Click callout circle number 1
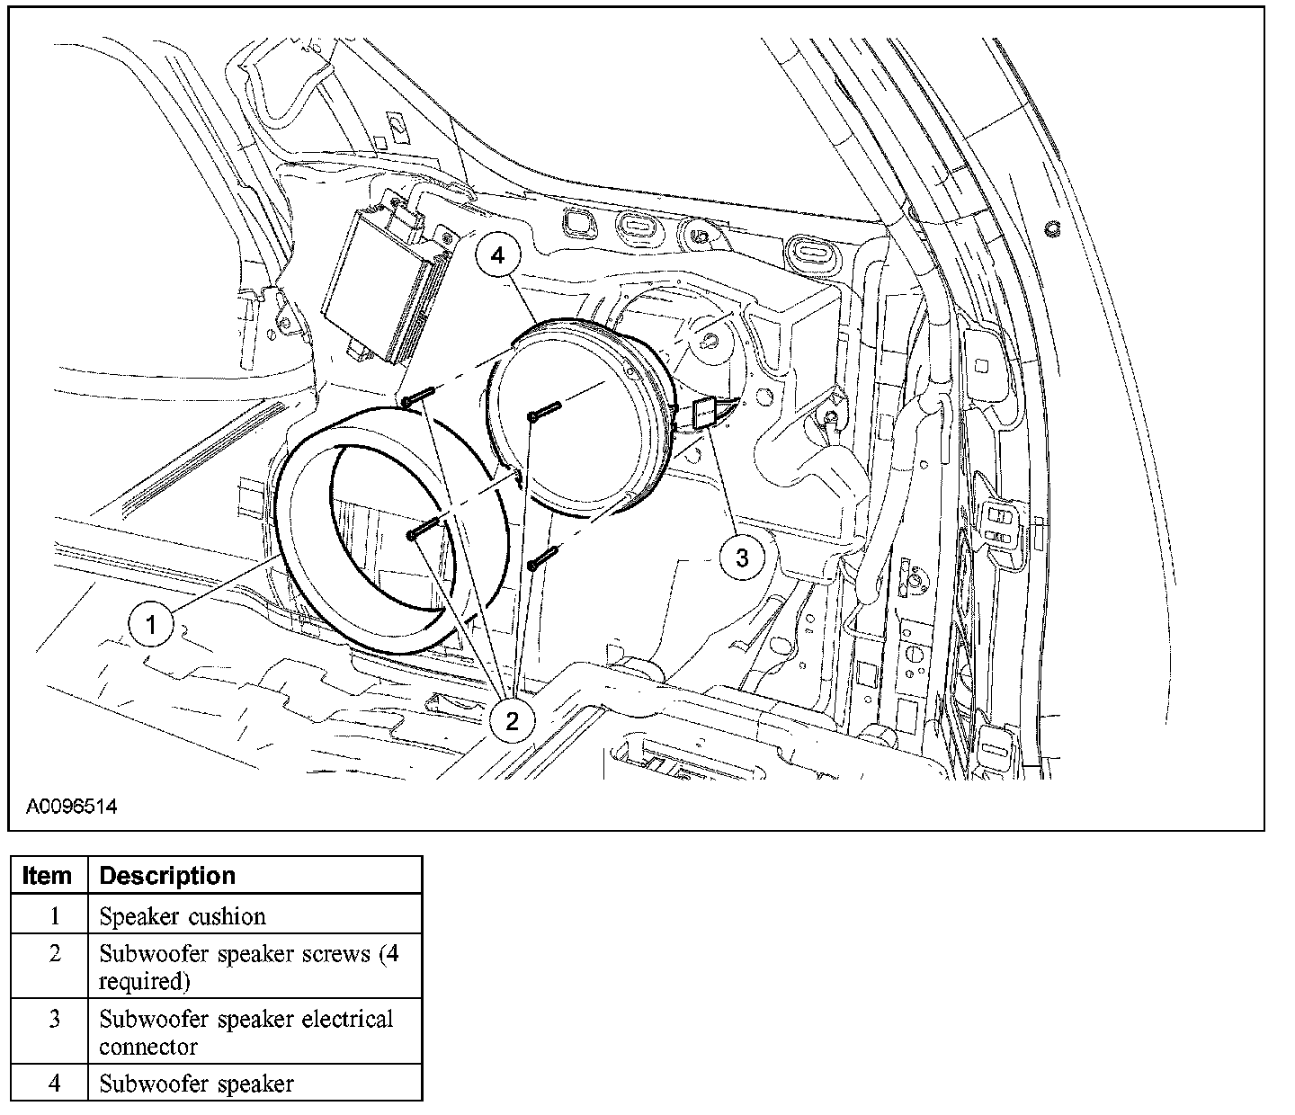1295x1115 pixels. [x=151, y=623]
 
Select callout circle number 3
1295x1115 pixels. [x=742, y=557]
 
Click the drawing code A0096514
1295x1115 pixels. [x=71, y=807]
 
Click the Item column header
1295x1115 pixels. [x=48, y=876]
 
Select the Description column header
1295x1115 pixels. [x=167, y=876]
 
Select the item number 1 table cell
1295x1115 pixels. [x=54, y=916]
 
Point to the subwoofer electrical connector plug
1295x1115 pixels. [x=706, y=415]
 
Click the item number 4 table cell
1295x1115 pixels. [x=54, y=1084]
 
